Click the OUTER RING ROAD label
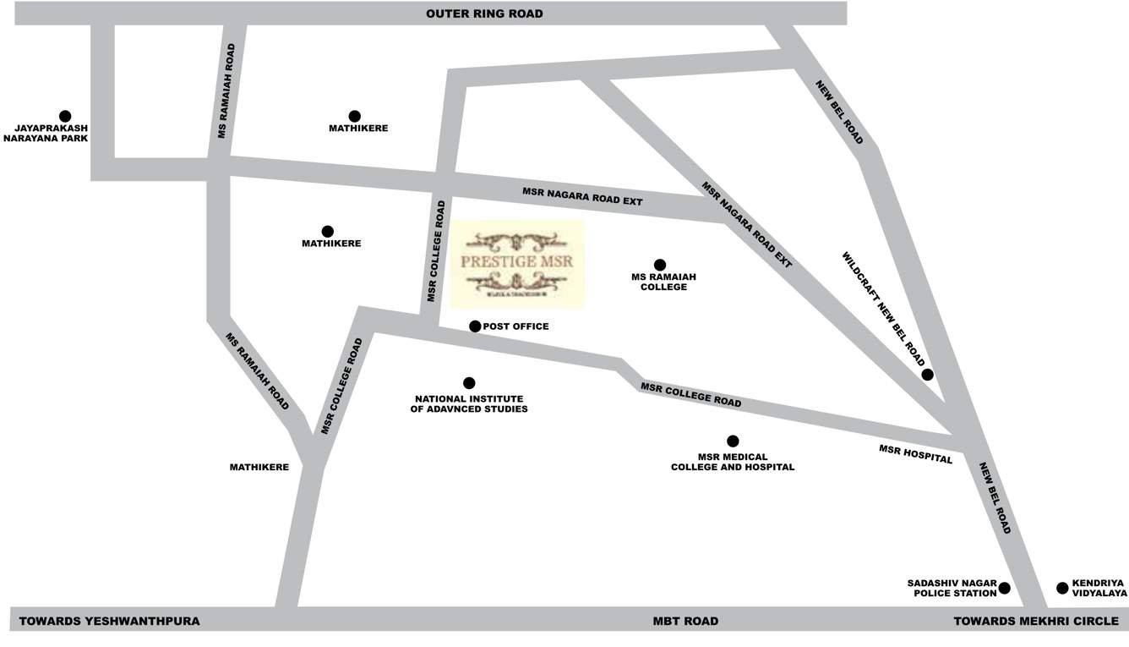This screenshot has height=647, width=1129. (484, 14)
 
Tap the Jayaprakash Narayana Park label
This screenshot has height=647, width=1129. (46, 133)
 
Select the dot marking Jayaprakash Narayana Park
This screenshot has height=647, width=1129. (65, 117)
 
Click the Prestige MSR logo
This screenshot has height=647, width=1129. (517, 264)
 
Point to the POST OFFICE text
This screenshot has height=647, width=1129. (515, 326)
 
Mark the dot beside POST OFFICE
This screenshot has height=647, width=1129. (475, 326)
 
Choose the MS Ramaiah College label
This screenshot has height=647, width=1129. (659, 282)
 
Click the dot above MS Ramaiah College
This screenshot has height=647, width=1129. (660, 265)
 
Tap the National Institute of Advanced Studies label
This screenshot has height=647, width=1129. (469, 404)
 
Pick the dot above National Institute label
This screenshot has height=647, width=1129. (469, 383)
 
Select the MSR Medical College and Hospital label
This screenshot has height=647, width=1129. (733, 462)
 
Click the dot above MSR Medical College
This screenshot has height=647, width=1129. (733, 441)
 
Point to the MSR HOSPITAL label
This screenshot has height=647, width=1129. (915, 454)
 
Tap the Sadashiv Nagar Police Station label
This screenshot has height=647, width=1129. (952, 588)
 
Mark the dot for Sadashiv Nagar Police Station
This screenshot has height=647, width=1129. (1004, 588)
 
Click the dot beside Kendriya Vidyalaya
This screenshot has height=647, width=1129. (1062, 588)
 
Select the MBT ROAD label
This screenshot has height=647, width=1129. (685, 621)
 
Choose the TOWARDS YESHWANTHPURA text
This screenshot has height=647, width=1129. (109, 621)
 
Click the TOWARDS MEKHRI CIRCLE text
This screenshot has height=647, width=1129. (1036, 621)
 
